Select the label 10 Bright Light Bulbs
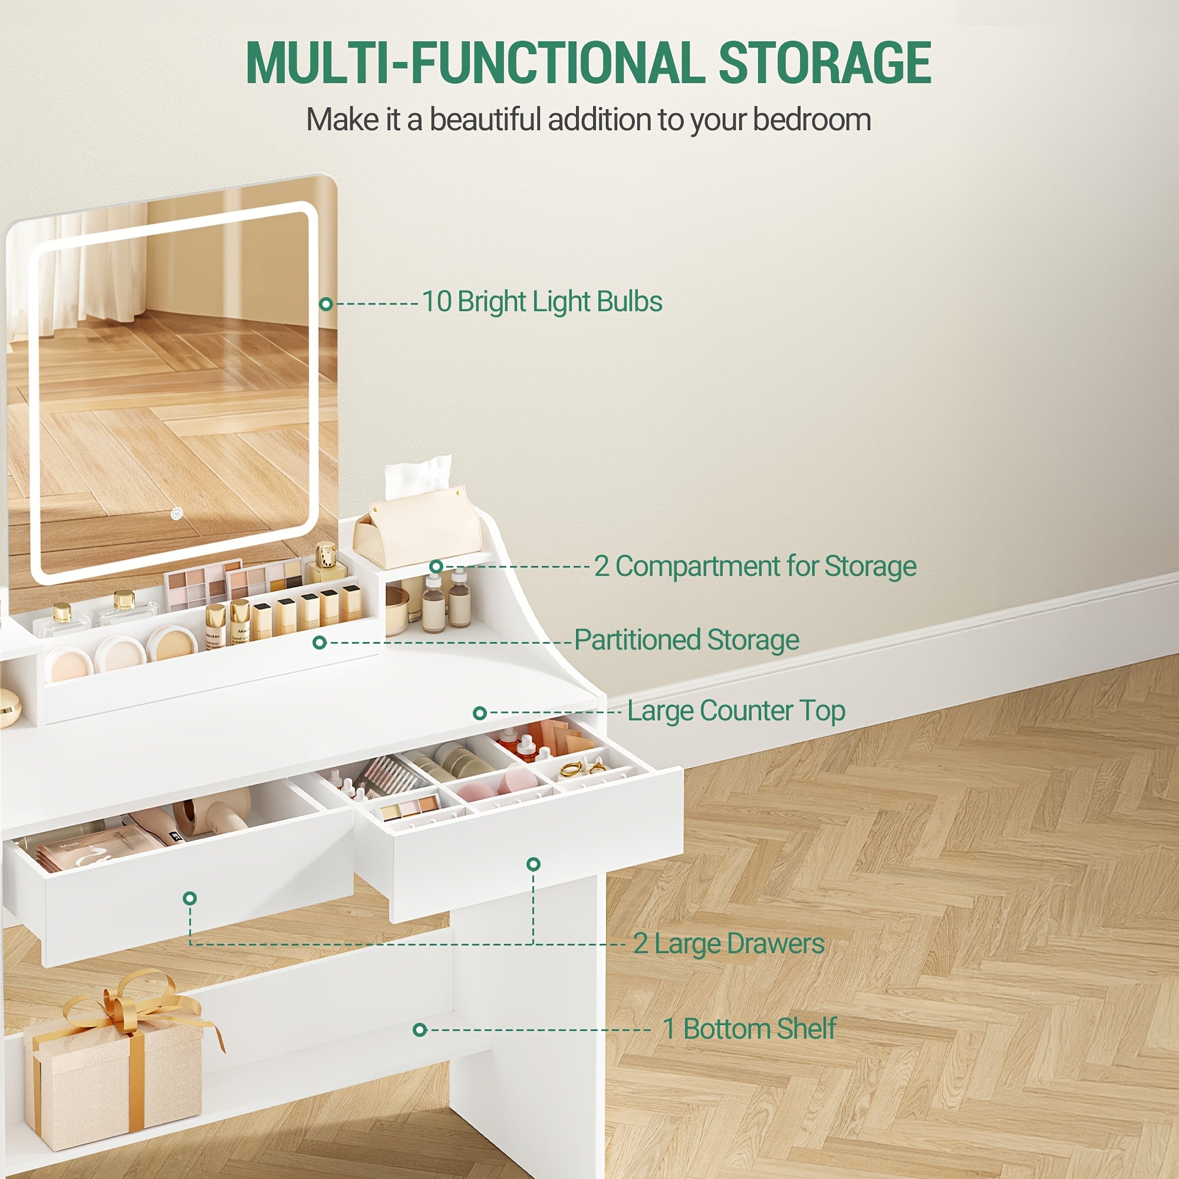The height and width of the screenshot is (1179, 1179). point(542,301)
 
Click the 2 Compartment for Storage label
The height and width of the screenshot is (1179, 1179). point(755,567)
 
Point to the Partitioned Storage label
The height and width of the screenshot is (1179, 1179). point(687,640)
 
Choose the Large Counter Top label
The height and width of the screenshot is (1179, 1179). point(736,711)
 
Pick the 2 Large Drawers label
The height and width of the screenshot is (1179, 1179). point(729,943)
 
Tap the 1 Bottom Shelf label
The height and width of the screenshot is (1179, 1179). point(749,1028)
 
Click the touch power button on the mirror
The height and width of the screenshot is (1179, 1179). point(177,513)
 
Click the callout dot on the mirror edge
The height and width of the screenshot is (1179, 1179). point(326,303)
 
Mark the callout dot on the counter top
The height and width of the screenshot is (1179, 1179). point(480,713)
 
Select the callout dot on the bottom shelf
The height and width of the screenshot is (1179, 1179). point(419,1030)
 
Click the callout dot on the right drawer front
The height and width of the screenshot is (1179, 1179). point(533,864)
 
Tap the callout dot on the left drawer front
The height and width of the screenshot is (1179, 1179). point(190,898)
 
